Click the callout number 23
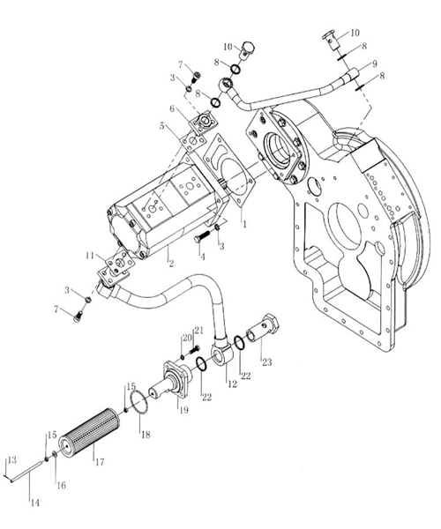tap(267, 362)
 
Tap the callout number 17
tap(100, 461)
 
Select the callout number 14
tap(35, 503)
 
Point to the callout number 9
tap(373, 63)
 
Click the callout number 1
tap(245, 224)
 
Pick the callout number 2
tap(171, 264)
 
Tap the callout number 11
tap(90, 256)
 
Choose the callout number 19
tap(183, 410)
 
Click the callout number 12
tap(232, 384)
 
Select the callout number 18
tap(146, 434)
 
